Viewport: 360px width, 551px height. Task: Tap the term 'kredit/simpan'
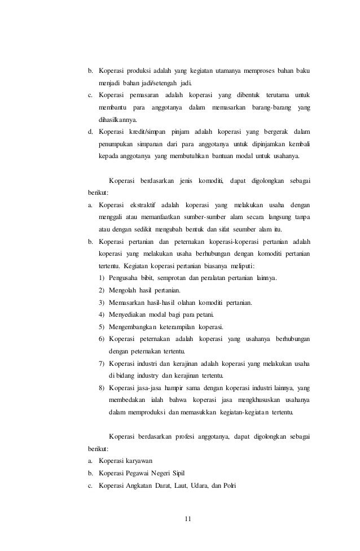coord(138,132)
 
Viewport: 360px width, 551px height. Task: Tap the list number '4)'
coord(102,314)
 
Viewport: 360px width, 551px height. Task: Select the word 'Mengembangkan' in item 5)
coord(134,327)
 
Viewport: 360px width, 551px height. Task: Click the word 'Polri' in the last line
coord(229,486)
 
